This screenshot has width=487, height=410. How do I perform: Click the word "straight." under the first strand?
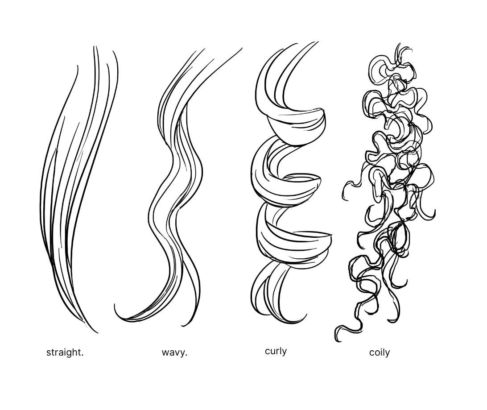coord(65,352)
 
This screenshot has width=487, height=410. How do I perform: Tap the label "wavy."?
coord(174,352)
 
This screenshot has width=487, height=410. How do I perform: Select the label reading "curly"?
coord(276,351)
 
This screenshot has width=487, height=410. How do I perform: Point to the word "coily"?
coord(379,352)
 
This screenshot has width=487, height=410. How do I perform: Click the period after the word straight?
coord(83,355)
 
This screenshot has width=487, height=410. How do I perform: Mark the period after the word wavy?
coord(186,355)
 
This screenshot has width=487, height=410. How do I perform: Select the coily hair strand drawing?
coord(388,187)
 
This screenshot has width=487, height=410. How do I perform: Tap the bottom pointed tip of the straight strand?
coord(96,332)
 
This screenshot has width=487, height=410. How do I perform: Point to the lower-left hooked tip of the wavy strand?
coord(116,307)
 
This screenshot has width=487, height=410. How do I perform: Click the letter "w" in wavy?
coord(165,353)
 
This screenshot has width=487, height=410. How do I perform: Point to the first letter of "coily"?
coord(371,353)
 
